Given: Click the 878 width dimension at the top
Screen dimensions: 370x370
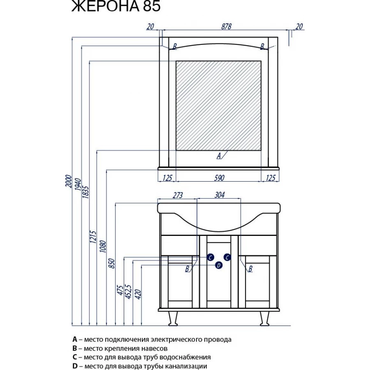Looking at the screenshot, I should coord(227,26).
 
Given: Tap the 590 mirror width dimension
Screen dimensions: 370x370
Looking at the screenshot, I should coord(219,178).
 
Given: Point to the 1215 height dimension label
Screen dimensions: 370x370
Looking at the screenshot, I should coord(93,237).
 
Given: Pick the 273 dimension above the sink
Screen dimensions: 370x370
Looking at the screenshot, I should coord(177,195).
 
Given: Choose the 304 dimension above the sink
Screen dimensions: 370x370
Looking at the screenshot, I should coord(220,195).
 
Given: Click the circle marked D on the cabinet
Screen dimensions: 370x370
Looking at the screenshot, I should coord(219,266).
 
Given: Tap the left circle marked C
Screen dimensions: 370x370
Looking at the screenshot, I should coord(210,257).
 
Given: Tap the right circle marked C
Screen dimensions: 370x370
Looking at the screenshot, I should coord(227,257).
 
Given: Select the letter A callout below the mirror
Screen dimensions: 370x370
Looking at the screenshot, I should coord(219,155).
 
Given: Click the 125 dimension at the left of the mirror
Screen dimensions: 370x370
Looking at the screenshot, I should coord(167,178).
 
